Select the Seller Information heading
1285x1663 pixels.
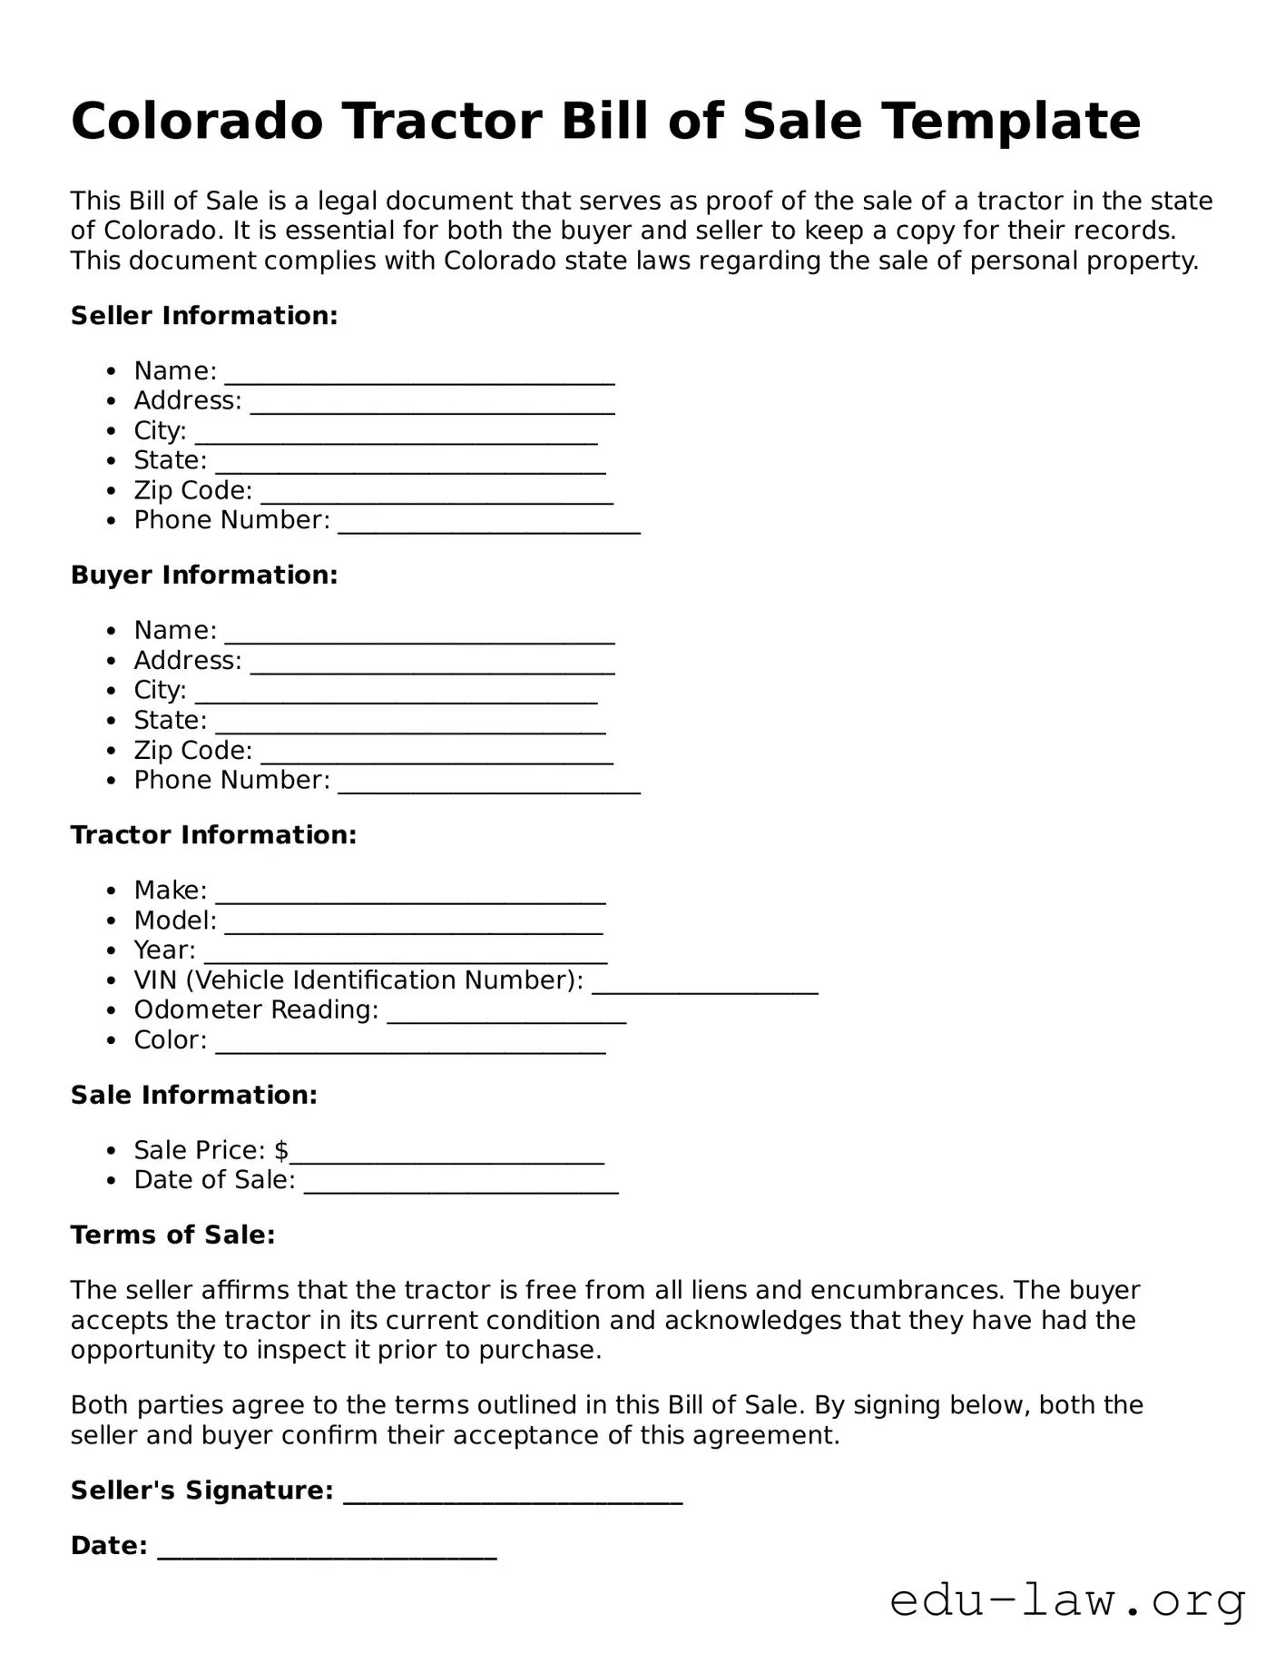[x=204, y=316]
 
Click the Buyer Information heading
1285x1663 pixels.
[x=204, y=576]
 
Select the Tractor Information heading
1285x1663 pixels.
[x=213, y=835]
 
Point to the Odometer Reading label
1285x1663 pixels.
[x=256, y=1010]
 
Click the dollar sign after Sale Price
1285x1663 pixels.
[x=281, y=1150]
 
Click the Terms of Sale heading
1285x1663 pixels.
[x=172, y=1235]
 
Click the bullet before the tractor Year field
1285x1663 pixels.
[x=112, y=951]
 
